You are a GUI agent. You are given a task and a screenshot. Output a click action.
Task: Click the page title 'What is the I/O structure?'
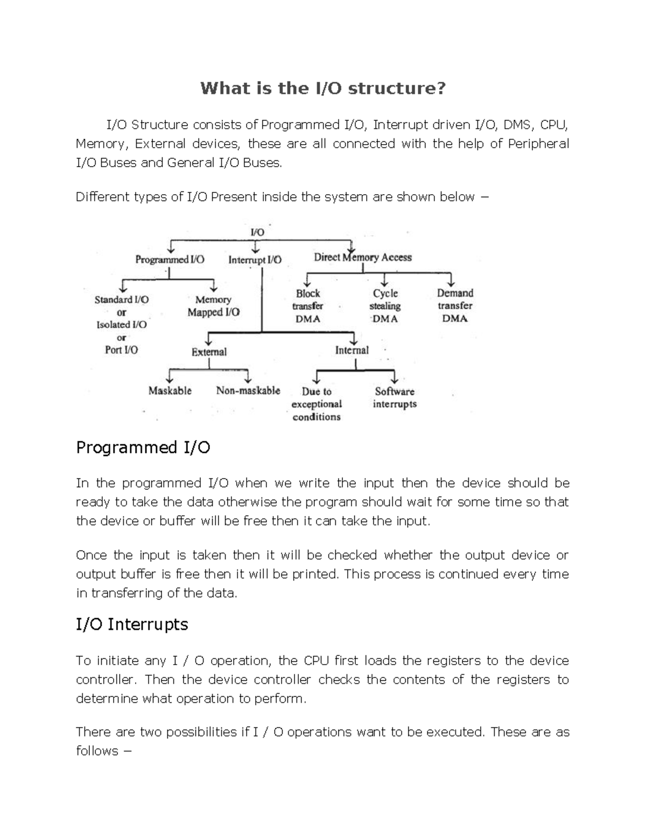323,88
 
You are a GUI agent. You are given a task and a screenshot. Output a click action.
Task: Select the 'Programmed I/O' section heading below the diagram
143,447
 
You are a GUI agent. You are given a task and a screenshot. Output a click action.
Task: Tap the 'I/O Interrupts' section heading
132,624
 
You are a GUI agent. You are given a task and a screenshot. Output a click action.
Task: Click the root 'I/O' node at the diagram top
257,232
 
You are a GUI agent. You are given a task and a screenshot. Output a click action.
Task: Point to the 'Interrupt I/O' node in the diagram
255,260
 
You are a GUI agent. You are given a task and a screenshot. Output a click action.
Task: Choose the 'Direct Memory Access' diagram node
362,258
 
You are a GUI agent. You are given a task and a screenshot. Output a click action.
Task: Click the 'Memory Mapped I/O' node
213,306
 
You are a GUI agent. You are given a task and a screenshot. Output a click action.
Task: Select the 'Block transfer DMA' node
308,306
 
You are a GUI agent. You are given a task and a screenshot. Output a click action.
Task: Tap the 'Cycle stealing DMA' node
385,306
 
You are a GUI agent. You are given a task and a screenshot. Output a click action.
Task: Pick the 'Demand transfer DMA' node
455,305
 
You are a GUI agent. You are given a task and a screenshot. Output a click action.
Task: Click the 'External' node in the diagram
209,352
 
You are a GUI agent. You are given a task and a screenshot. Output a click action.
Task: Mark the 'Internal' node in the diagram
352,351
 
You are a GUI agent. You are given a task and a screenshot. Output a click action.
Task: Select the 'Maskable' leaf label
170,391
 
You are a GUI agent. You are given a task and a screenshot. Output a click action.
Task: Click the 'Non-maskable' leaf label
248,391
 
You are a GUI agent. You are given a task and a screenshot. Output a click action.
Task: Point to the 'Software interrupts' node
395,398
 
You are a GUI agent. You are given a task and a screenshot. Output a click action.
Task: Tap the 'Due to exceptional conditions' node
317,404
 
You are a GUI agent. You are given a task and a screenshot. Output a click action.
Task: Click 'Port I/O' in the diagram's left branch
121,350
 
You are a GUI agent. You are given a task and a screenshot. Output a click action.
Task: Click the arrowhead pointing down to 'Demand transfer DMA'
451,282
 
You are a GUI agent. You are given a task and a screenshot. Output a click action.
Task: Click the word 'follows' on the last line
97,751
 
